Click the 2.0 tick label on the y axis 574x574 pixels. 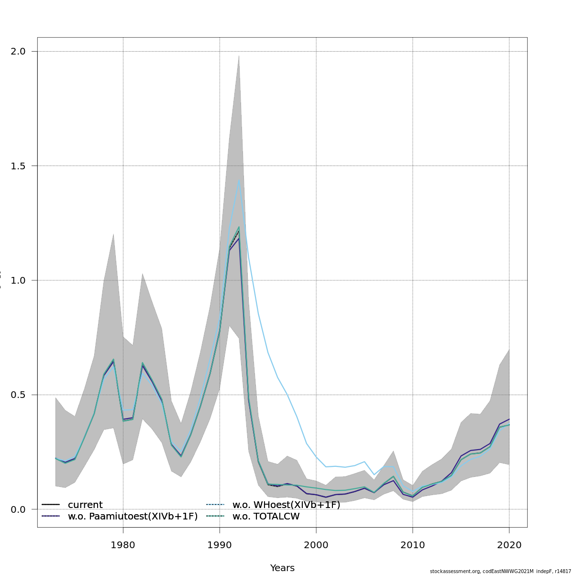[18, 51]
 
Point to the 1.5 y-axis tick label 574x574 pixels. [18, 166]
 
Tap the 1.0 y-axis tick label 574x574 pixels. [18, 280]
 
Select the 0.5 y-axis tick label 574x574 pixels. [18, 395]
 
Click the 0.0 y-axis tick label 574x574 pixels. [18, 509]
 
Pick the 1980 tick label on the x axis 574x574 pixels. [123, 545]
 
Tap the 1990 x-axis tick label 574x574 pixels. [220, 545]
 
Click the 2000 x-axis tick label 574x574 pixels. [316, 545]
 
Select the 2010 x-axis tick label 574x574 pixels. [413, 545]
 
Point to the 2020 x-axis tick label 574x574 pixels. [509, 545]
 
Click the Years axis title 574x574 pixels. [282, 568]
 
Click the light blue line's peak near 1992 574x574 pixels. [239, 179]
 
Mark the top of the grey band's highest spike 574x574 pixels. [239, 55]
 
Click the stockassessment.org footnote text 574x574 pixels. [500, 571]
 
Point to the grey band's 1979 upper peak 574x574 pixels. [113, 234]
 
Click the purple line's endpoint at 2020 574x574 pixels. [509, 419]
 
